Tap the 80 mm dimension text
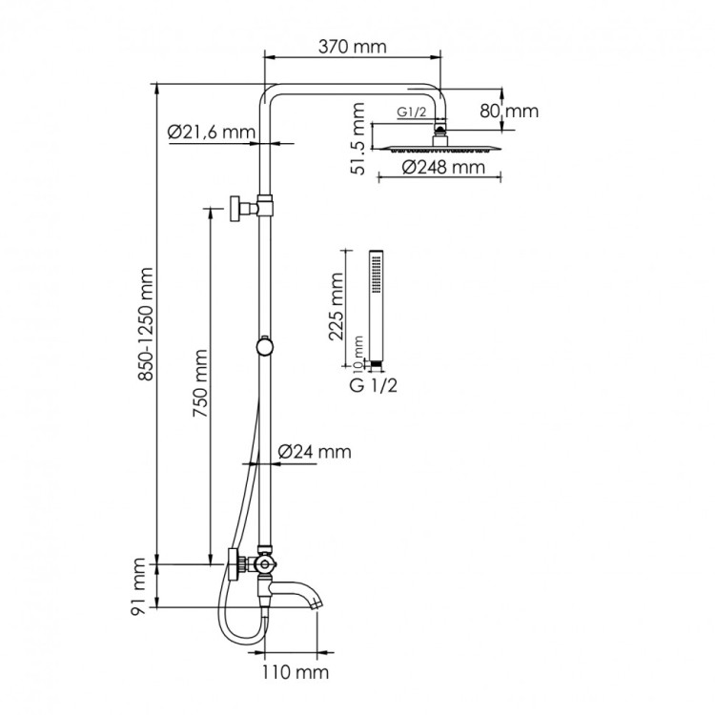(x=508, y=112)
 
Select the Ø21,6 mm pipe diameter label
(x=212, y=133)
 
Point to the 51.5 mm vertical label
(x=357, y=139)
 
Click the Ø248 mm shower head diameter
(x=438, y=169)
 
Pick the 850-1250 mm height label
(x=147, y=325)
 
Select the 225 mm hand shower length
(x=334, y=308)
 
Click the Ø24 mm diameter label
(x=314, y=451)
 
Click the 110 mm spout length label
(x=295, y=673)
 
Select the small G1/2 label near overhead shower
(x=412, y=112)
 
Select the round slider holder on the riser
(x=266, y=346)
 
